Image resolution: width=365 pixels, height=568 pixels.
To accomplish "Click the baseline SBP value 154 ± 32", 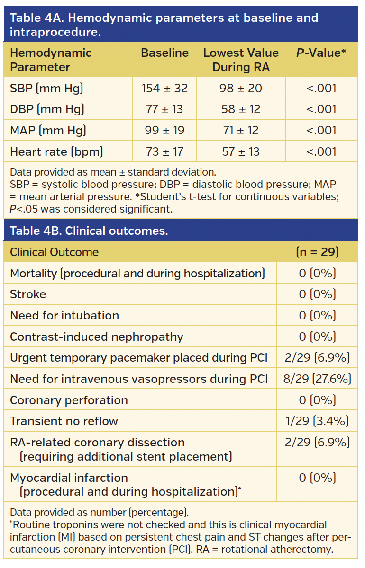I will pyautogui.click(x=164, y=88).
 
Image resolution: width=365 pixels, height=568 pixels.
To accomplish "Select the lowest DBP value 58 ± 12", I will pyautogui.click(x=241, y=109).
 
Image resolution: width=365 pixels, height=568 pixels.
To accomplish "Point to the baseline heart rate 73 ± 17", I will pyautogui.click(x=164, y=152).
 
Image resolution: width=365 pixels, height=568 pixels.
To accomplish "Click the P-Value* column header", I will pyautogui.click(x=321, y=53).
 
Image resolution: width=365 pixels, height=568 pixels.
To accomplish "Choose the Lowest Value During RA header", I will pyautogui.click(x=241, y=60).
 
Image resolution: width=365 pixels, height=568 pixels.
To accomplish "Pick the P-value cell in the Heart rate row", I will pyautogui.click(x=321, y=152).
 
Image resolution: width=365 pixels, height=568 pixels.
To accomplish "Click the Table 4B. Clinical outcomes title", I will pyautogui.click(x=89, y=231).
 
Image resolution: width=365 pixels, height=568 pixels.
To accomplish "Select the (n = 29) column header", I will pyautogui.click(x=317, y=252).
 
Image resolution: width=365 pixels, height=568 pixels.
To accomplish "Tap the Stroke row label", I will pyautogui.click(x=28, y=294).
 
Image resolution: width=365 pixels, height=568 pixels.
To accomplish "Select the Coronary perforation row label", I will pyautogui.click(x=69, y=400).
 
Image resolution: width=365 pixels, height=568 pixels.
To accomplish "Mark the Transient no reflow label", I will pyautogui.click(x=64, y=421).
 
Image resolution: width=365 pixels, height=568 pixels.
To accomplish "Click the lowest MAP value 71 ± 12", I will pyautogui.click(x=241, y=131).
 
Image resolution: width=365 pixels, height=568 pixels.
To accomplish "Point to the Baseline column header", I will pyautogui.click(x=164, y=53).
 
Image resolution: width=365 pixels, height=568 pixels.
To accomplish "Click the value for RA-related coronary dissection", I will pyautogui.click(x=317, y=443).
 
